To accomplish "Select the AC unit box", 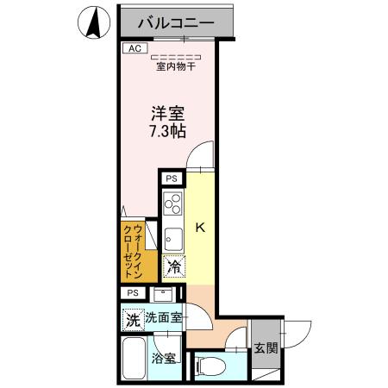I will click(133, 49).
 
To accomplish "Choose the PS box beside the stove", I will click(172, 178).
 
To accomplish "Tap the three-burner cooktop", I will click(172, 204).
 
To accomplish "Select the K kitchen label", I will click(199, 228).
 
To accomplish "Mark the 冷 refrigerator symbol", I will click(172, 266).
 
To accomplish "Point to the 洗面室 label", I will click(163, 317).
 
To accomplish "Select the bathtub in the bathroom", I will click(135, 357).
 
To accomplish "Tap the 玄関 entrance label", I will click(266, 349).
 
